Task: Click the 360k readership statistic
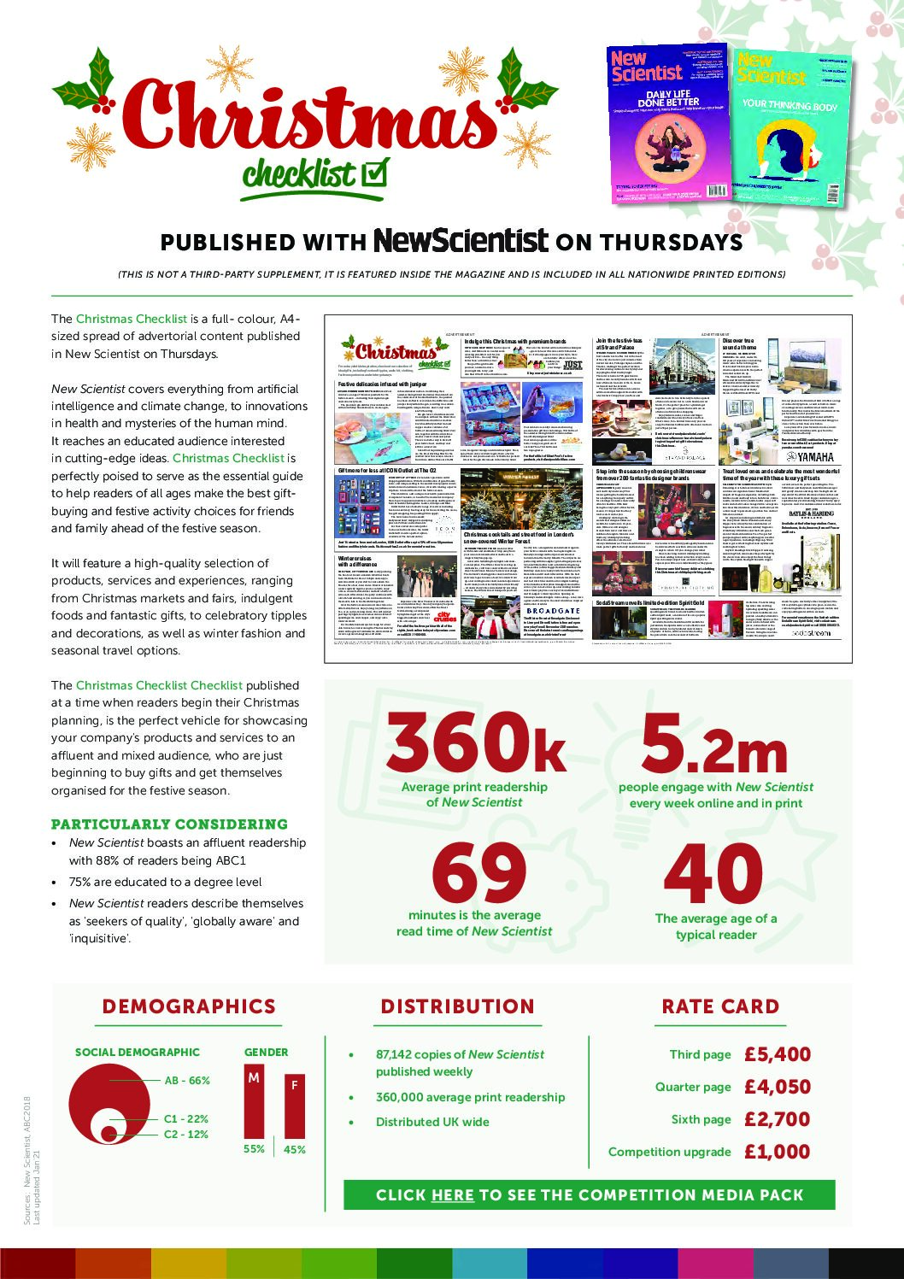475,742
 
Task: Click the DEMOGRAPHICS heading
189,1006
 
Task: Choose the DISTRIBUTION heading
457,1006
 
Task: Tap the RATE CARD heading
720,1006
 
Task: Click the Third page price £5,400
777,1054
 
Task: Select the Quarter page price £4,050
777,1087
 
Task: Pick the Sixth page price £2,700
777,1119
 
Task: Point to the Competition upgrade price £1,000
777,1152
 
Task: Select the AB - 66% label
187,1081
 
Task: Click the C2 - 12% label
186,1135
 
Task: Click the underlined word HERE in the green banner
453,1195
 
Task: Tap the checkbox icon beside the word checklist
374,173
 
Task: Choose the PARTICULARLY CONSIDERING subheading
169,824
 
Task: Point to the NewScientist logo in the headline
461,241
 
